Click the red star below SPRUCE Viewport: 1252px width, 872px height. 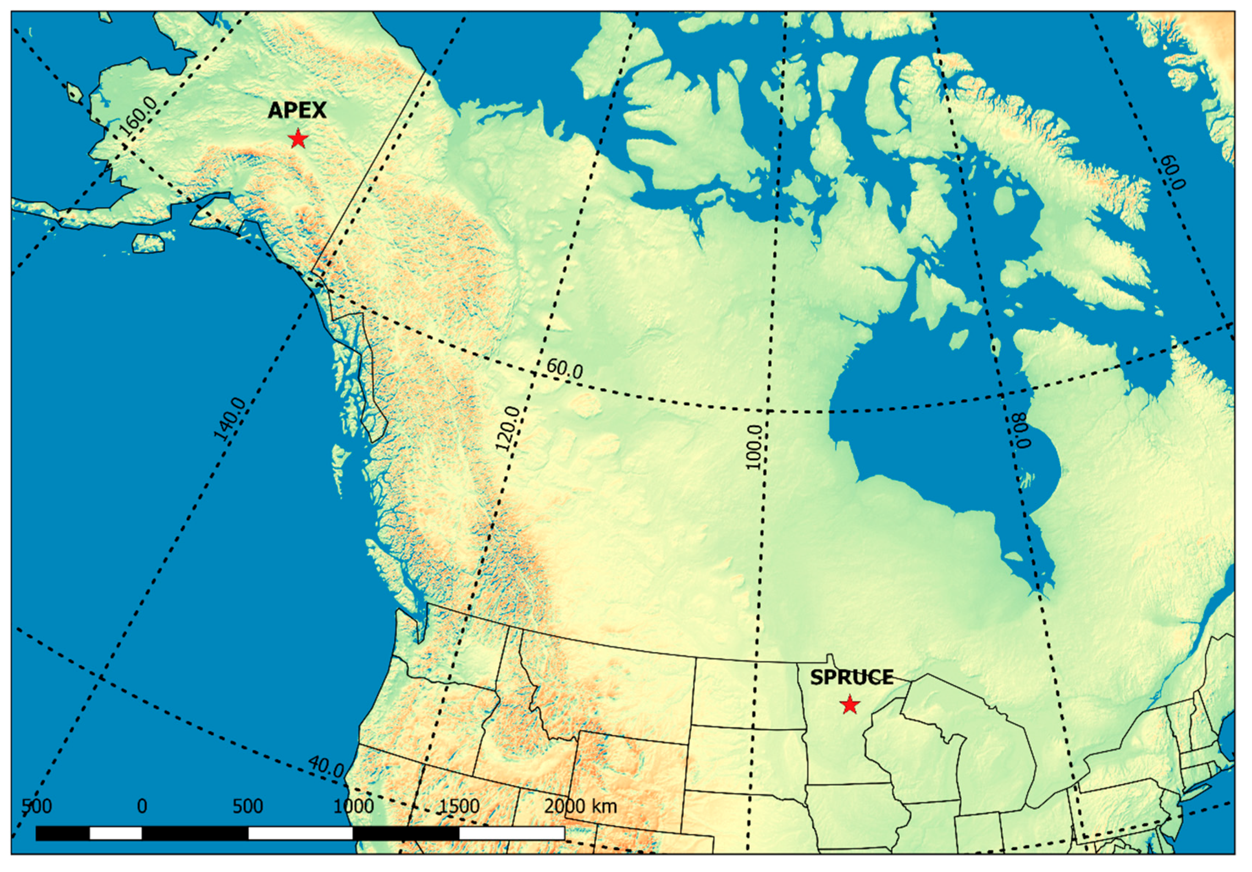pyautogui.click(x=849, y=705)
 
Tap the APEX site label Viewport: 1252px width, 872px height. pyautogui.click(x=297, y=110)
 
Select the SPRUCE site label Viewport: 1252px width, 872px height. pyautogui.click(x=851, y=677)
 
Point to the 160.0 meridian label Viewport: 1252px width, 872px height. pyautogui.click(x=138, y=117)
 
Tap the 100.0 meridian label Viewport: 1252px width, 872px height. pyautogui.click(x=754, y=448)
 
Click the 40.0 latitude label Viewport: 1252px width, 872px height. pyautogui.click(x=326, y=767)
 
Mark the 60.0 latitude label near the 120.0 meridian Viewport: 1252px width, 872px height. pyautogui.click(x=564, y=369)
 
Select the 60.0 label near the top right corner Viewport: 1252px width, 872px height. pyautogui.click(x=1172, y=172)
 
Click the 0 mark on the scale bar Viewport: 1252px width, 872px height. pyautogui.click(x=142, y=806)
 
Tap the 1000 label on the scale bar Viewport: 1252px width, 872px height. pyautogui.click(x=354, y=806)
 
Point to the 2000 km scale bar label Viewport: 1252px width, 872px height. pyautogui.click(x=580, y=806)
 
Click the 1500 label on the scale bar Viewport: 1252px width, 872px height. pyautogui.click(x=459, y=806)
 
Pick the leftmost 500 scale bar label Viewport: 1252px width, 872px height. pyautogui.click(x=37, y=806)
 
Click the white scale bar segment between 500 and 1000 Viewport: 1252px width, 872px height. pyautogui.click(x=300, y=833)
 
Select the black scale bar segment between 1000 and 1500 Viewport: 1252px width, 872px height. pyautogui.click(x=406, y=833)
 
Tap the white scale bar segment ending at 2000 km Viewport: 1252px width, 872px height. pyautogui.click(x=512, y=833)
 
